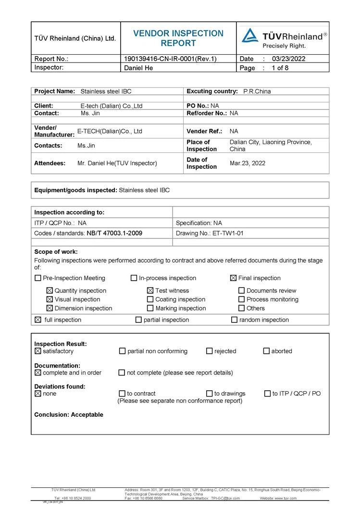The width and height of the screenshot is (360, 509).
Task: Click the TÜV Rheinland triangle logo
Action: tap(250, 36)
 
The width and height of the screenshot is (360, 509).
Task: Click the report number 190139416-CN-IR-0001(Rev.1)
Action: tap(170, 59)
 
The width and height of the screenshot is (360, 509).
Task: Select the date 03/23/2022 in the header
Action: tap(288, 59)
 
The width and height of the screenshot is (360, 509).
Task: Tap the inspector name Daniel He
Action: tap(139, 68)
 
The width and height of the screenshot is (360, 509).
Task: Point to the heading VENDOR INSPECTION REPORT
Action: tap(178, 38)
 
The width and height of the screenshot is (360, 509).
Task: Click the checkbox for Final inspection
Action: tap(234, 278)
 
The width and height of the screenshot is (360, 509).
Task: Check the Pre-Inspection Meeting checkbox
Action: tap(38, 278)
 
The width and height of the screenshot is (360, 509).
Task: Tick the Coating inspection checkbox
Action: tap(151, 299)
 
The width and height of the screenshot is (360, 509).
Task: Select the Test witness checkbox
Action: tap(150, 291)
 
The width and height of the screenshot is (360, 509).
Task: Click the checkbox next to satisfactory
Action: tap(38, 351)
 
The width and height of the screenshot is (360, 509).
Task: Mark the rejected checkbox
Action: tap(210, 351)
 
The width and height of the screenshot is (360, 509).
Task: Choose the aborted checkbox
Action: tap(266, 351)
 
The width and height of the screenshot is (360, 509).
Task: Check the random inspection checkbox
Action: tap(234, 320)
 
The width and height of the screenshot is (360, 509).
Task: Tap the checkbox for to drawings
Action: tap(210, 394)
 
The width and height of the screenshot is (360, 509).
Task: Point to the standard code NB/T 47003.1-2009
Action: tap(114, 233)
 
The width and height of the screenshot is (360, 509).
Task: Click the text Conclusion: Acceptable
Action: tap(69, 415)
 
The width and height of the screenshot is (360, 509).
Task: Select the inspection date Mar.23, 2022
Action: tap(248, 163)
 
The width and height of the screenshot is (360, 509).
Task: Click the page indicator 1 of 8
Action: tap(280, 68)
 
